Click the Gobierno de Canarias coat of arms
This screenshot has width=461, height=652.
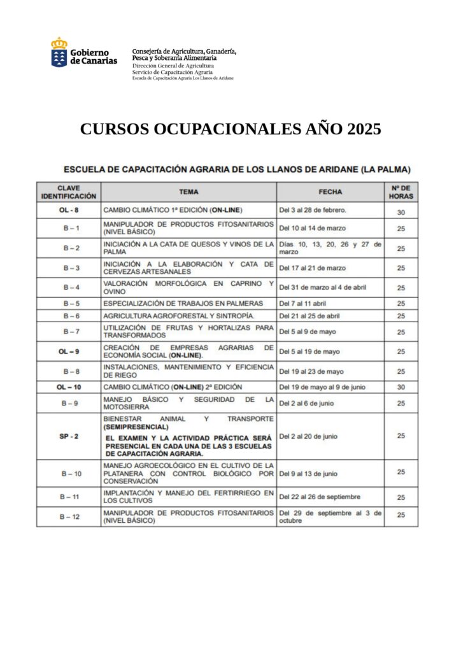click(x=59, y=53)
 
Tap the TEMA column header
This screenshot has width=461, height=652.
click(x=188, y=192)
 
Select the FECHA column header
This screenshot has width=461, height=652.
click(x=330, y=192)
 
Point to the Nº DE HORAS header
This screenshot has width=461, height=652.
click(x=401, y=192)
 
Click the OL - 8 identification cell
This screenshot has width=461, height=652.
click(x=69, y=209)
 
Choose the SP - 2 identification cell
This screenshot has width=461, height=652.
click(x=69, y=436)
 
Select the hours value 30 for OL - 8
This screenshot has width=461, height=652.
click(x=401, y=213)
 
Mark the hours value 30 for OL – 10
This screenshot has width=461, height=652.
click(x=401, y=386)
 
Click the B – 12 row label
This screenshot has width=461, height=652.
click(x=69, y=516)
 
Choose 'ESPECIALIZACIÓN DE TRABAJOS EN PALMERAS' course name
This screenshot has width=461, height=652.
click(x=183, y=303)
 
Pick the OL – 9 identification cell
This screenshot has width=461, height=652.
click(x=69, y=351)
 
